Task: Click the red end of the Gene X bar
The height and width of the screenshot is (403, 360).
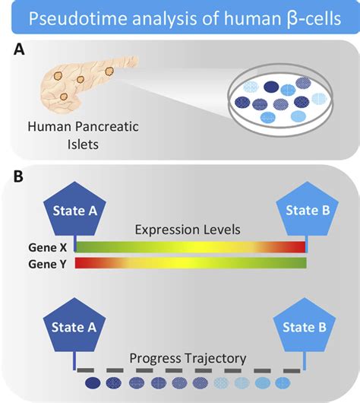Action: (x=296, y=247)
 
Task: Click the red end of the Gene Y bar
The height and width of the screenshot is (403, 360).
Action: (x=84, y=263)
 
